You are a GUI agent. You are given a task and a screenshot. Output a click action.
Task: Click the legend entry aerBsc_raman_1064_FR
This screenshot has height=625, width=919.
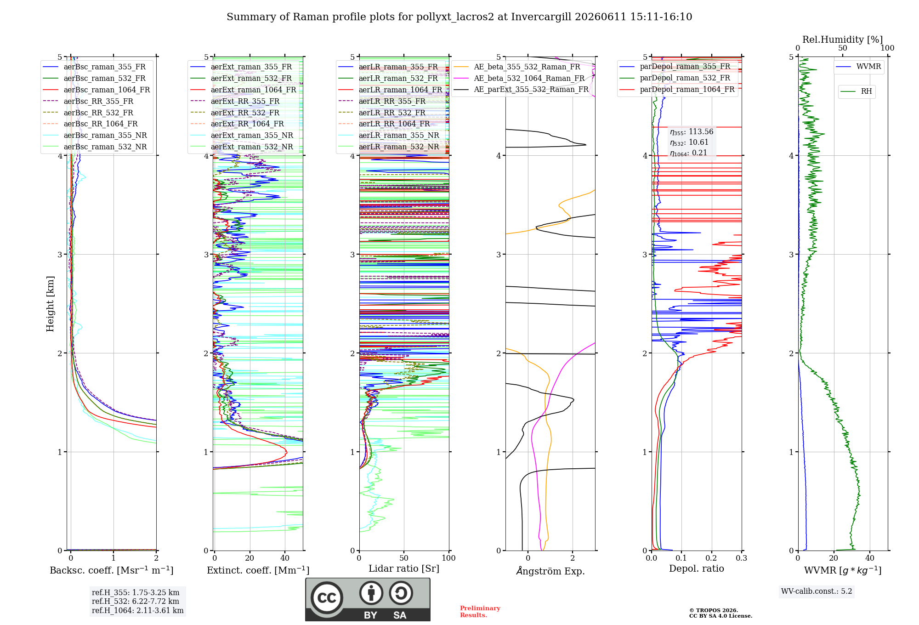point(96,90)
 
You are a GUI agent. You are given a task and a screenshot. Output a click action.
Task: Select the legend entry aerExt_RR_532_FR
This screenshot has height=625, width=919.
point(235,113)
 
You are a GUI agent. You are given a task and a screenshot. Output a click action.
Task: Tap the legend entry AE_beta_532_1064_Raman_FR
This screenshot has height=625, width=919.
point(519,79)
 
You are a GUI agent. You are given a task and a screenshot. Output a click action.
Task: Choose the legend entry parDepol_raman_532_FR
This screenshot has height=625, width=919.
point(675,78)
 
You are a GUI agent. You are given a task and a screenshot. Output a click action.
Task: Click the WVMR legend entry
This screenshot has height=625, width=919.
point(858,67)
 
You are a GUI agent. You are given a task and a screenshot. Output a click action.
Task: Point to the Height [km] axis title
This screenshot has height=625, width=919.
point(50,304)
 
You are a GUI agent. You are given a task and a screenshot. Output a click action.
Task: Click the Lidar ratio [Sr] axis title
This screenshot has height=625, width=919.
point(404,568)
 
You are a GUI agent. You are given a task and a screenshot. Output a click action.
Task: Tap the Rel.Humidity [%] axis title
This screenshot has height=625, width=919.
point(843,40)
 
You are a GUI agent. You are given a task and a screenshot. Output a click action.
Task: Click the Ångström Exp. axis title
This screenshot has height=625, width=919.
point(550,571)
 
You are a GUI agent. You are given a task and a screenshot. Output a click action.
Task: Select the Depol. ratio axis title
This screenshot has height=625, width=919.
point(697,568)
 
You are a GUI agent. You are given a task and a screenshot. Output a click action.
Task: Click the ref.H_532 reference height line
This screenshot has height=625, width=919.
point(136,601)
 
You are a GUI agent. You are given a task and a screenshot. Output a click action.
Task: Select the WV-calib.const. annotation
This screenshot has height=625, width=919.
point(817,591)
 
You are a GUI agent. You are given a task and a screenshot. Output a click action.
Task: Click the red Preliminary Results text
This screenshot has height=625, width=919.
point(480,612)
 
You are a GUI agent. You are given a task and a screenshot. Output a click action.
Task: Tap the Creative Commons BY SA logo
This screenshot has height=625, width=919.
point(368,600)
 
